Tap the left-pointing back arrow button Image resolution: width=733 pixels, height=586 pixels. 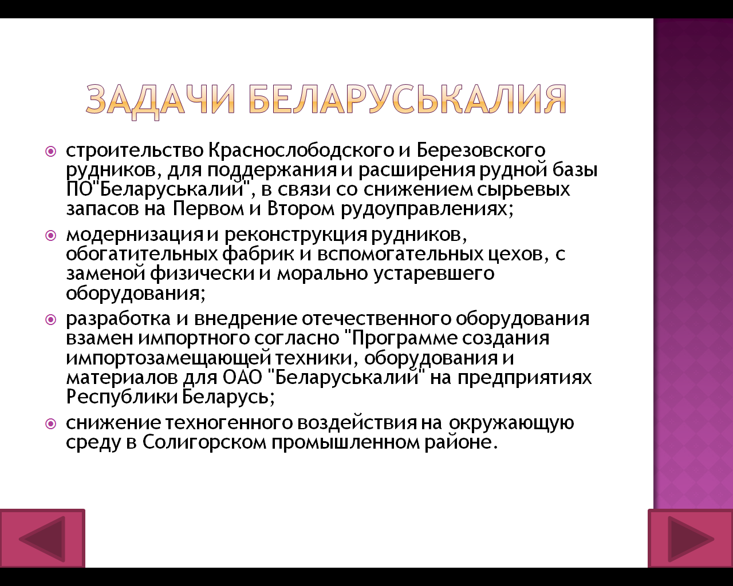[42, 539]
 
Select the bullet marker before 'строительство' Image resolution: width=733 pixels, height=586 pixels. [51, 151]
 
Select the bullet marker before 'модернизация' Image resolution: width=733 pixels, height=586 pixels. [51, 236]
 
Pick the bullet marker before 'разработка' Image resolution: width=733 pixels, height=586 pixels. [51, 320]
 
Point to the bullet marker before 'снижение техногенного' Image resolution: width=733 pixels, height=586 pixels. [51, 423]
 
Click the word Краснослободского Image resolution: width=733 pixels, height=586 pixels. [301, 151]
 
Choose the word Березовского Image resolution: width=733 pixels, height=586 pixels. [481, 151]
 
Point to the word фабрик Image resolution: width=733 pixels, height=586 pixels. [258, 254]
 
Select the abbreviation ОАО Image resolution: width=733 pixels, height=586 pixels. [242, 377]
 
